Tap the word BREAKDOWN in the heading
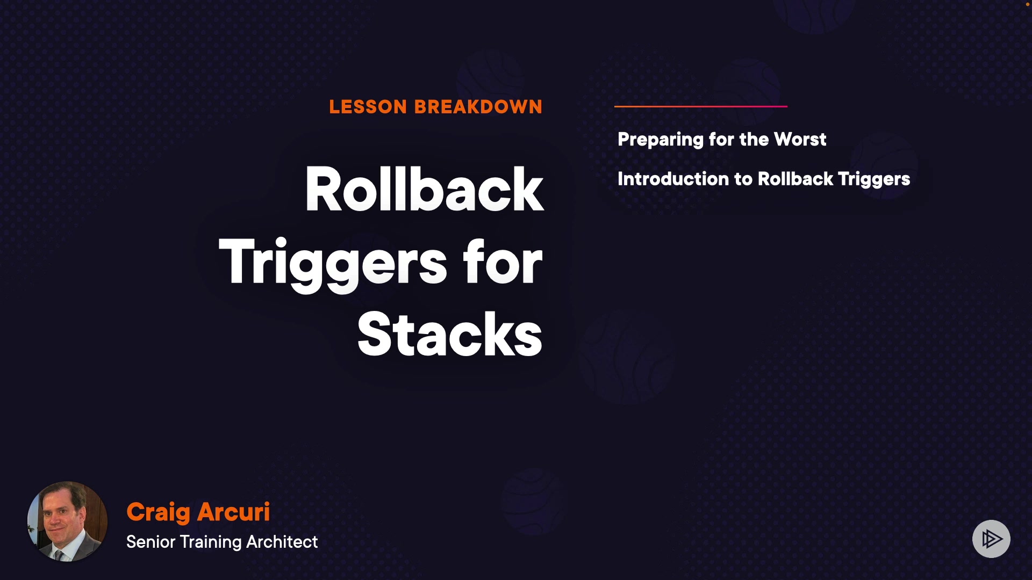[x=478, y=107]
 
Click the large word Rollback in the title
[x=424, y=189]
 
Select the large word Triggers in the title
[x=333, y=263]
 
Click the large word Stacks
[x=450, y=334]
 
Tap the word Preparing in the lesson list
[x=661, y=140]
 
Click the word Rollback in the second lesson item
[x=795, y=179]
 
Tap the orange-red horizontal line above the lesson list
[x=701, y=106]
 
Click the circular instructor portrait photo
[x=67, y=521]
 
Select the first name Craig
[x=158, y=513]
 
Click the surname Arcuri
[x=233, y=512]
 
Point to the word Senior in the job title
[x=151, y=542]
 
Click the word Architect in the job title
[x=282, y=542]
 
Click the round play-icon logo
[x=991, y=539]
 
